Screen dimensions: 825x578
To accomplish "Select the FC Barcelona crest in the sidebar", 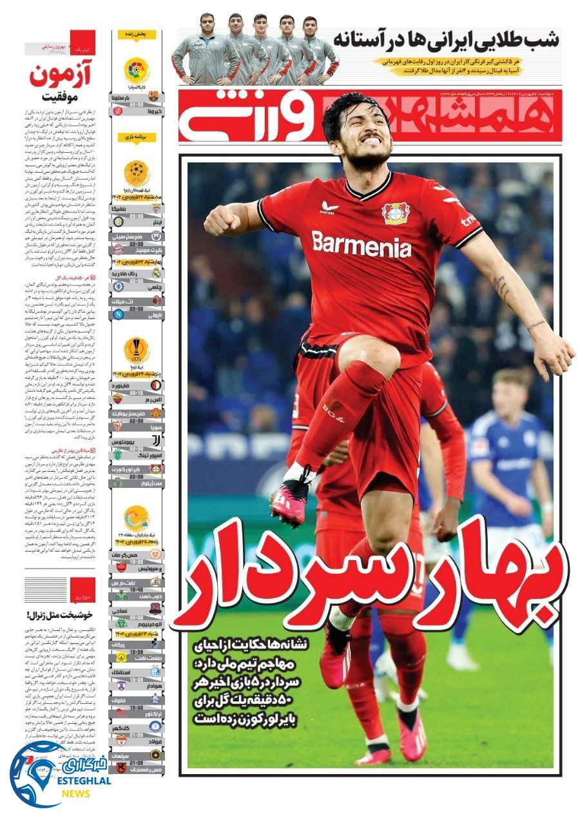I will tap(153, 96).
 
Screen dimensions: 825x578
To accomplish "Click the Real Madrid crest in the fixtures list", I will tap(154, 274).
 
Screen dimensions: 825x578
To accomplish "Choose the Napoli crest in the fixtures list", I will tap(119, 315).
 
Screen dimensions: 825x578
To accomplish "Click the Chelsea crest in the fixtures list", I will tap(119, 286).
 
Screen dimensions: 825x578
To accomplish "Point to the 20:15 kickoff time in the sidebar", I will tap(137, 391).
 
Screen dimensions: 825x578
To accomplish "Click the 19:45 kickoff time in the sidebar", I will tap(137, 589).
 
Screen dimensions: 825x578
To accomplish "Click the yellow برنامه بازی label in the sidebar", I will tap(137, 137).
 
